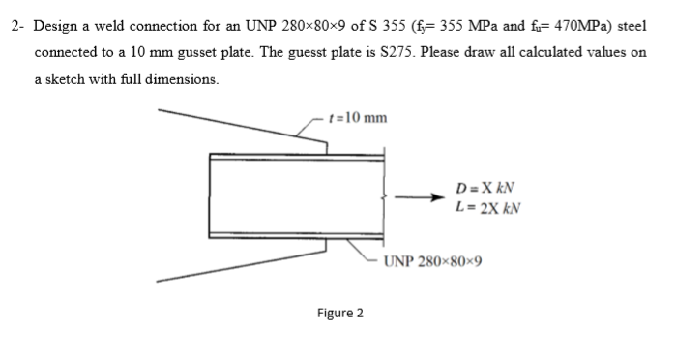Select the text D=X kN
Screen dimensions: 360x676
tap(486, 187)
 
